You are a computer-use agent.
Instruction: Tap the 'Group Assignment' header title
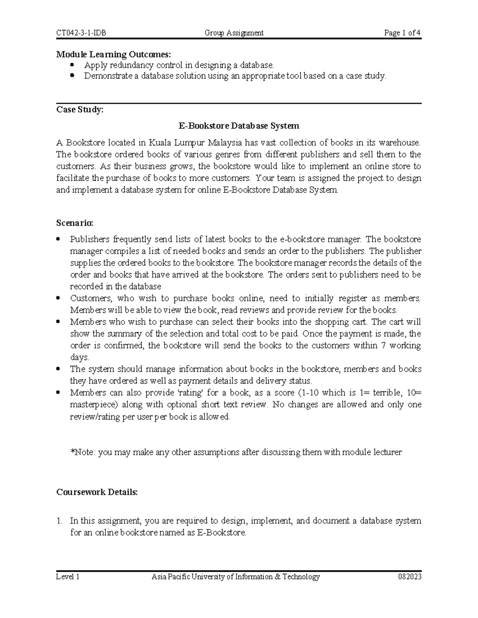point(234,33)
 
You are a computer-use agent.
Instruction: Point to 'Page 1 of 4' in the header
point(402,33)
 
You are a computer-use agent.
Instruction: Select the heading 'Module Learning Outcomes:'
point(99,55)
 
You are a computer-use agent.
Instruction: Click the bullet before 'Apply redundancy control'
point(72,65)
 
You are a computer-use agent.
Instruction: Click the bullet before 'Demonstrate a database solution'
point(72,76)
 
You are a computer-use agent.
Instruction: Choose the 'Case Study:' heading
point(80,110)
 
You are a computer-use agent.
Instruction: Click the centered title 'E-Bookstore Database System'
point(239,126)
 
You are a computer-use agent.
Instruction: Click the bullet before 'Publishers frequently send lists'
point(59,239)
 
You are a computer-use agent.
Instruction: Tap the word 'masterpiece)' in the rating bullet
point(93,405)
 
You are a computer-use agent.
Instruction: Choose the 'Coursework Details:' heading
point(97,492)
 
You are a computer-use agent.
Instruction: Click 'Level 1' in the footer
point(68,577)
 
